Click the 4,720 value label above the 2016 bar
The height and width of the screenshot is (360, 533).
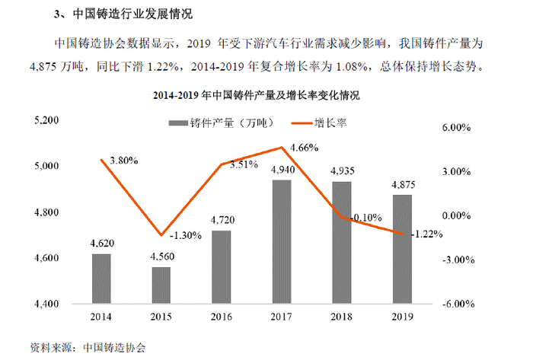point(222,221)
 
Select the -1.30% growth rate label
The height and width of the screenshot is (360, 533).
point(186,235)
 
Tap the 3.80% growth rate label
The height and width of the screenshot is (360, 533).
point(123,161)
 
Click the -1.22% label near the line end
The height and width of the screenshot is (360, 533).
point(426,234)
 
